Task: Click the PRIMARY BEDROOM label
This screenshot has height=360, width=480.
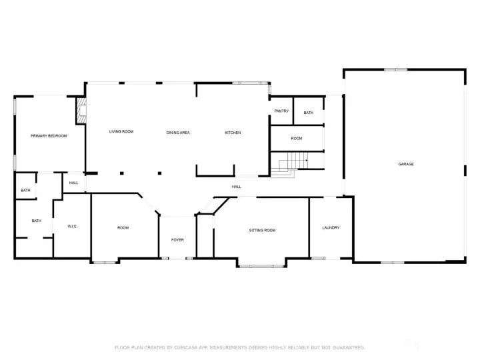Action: point(49,136)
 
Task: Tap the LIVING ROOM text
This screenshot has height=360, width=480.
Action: point(121,131)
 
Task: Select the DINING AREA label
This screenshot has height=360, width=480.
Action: point(178,133)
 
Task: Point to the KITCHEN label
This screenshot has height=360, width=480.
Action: point(233,133)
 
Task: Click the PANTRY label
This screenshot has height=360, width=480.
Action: point(281,111)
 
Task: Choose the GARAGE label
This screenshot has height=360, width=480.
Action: point(406,165)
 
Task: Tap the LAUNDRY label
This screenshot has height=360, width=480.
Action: point(331,228)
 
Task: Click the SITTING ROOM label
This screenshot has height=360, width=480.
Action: point(262,230)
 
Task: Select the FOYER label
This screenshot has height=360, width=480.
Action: point(177,240)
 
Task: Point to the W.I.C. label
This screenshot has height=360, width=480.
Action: point(72,227)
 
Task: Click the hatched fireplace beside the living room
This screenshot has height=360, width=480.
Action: point(81,111)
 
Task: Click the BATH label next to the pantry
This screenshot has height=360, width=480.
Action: point(308,113)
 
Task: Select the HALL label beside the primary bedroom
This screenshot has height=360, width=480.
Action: point(73,183)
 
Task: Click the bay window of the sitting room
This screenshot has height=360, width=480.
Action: point(261,266)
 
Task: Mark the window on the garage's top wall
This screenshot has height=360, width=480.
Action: point(396,70)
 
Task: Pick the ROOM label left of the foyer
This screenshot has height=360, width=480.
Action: point(123,228)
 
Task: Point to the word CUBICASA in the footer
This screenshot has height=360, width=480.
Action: point(186,347)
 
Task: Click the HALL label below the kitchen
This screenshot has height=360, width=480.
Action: point(236,187)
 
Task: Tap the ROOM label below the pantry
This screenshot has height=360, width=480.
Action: point(296,139)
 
